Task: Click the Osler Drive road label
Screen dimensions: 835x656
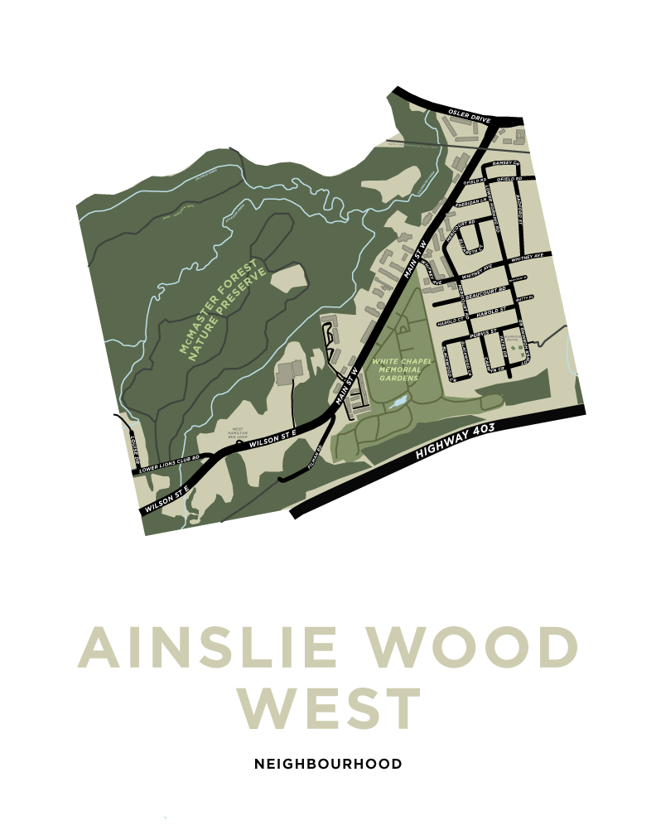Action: tap(470, 115)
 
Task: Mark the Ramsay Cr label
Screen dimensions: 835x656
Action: tap(504, 163)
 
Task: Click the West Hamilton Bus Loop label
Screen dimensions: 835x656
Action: tap(238, 432)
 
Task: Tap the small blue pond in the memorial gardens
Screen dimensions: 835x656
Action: tap(398, 403)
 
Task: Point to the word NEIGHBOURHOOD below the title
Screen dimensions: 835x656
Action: tap(328, 764)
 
